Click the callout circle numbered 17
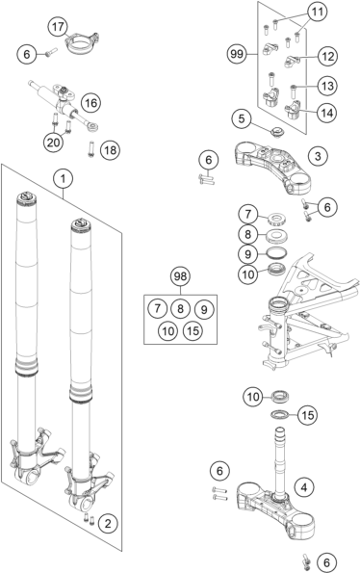click(x=58, y=27)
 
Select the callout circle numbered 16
click(x=90, y=103)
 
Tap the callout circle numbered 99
click(x=237, y=55)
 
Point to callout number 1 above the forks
click(x=64, y=179)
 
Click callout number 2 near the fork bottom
click(x=108, y=524)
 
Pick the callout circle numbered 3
click(x=318, y=156)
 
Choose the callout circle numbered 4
click(x=304, y=487)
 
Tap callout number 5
click(x=242, y=118)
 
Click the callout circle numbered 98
click(x=180, y=276)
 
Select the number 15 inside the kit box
click(x=193, y=330)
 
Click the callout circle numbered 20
click(x=53, y=143)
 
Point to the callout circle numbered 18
click(x=110, y=150)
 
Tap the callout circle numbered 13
click(x=327, y=87)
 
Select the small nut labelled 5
click(x=277, y=132)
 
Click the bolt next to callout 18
click(x=90, y=149)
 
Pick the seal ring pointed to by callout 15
click(x=280, y=414)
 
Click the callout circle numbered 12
click(x=327, y=57)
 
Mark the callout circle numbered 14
click(x=326, y=114)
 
